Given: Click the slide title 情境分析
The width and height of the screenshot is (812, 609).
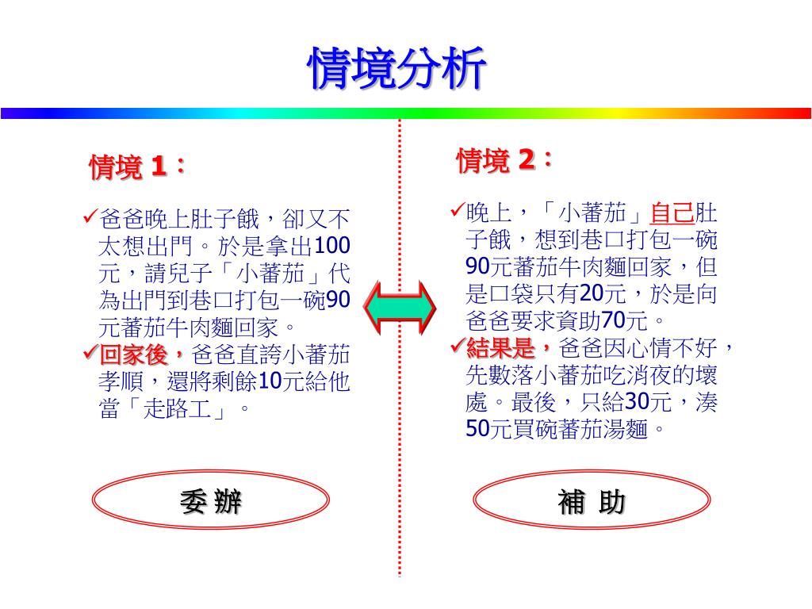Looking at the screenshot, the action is point(396,70).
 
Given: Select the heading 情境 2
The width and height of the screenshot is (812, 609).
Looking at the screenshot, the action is point(504,161).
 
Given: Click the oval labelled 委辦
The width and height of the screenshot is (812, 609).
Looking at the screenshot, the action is point(210,502).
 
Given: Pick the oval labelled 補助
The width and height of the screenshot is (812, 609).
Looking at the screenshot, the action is point(592,502).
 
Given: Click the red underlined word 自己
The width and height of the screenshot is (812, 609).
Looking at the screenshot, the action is point(672,213).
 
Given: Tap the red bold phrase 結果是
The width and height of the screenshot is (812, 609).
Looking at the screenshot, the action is point(511,348).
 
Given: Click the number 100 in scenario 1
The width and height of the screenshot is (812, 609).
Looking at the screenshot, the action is point(333,246).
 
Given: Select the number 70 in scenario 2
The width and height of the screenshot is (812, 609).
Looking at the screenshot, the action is point(614,321).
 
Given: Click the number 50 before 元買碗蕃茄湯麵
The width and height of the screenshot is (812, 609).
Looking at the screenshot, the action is point(478,429).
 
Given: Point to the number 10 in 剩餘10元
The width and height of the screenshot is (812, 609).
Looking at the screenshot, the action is point(270,381).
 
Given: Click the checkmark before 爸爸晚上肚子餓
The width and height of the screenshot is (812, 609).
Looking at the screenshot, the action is point(90,216).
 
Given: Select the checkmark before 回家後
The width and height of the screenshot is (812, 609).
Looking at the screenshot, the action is point(90,351).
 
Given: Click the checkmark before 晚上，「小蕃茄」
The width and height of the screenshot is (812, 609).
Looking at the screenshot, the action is point(457,210).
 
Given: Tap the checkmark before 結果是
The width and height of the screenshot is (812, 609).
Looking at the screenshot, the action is point(457,346).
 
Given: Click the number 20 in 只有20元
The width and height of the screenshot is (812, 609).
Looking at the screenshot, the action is point(592,294).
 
